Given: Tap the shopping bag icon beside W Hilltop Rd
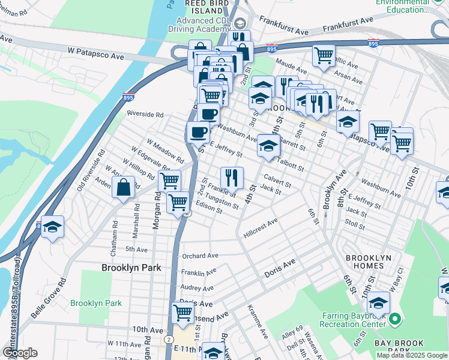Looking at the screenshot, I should point(123,187).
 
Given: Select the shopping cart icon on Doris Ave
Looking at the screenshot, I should point(183,312).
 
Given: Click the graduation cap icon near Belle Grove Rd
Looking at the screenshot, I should point(52,227).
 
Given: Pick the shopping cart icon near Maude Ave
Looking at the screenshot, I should point(324,55).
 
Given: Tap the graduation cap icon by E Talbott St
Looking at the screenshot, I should point(268,145).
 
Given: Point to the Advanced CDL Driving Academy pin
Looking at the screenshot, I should point(240,23).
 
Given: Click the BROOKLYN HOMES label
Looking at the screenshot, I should point(373,262).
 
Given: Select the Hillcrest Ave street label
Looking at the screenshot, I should point(261,229).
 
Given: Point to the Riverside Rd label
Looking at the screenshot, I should point(145,114).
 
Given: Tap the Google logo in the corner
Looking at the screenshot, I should point(20,353).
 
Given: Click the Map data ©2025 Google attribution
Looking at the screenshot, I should point(411,355).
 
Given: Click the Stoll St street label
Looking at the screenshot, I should point(355,225).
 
